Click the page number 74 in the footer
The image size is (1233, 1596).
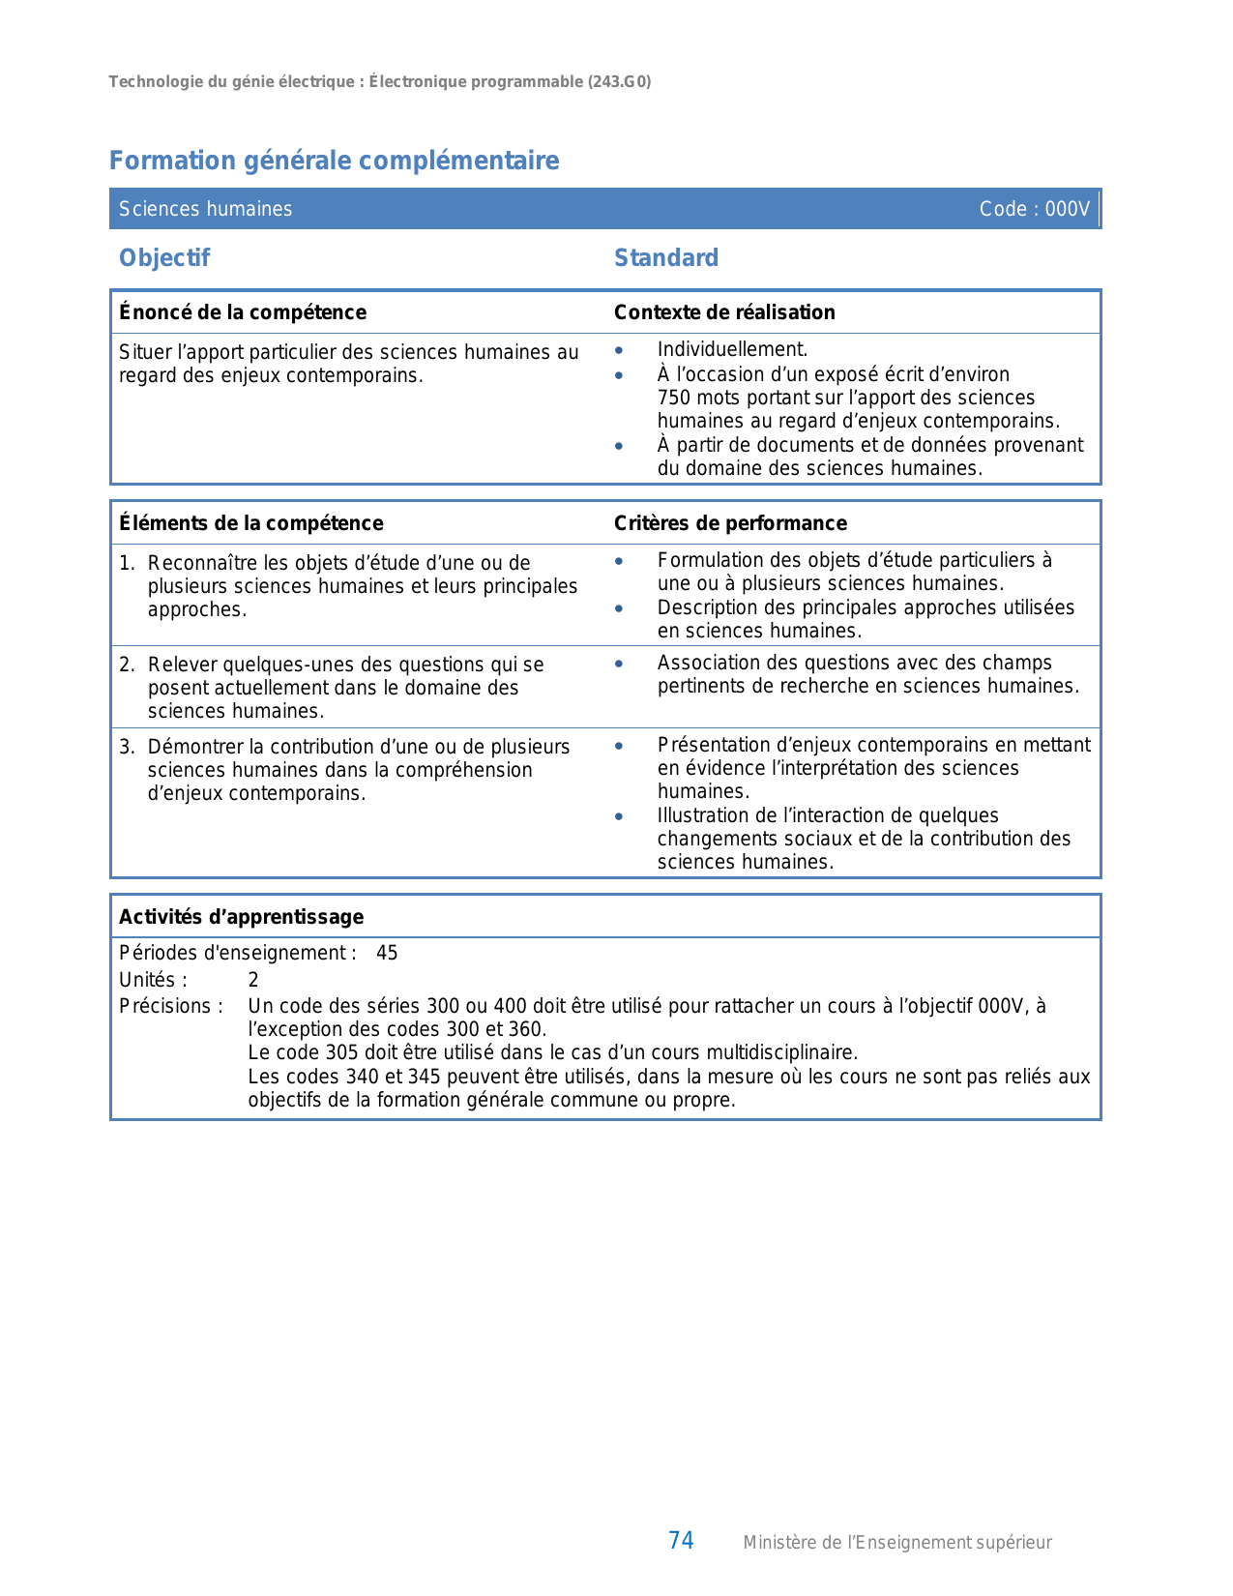pos(681,1541)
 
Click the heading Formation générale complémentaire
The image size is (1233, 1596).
pos(334,161)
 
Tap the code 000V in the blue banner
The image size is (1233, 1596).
pos(1067,209)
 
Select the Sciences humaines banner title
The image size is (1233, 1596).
pos(205,209)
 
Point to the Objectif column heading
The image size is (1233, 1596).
pos(164,258)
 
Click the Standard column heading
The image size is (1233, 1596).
pos(666,258)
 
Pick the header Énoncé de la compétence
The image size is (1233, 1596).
pos(243,312)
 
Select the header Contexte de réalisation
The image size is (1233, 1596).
pos(724,312)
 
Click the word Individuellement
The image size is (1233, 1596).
pos(732,350)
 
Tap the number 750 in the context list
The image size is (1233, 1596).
pos(674,398)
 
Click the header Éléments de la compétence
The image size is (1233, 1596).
pos(250,523)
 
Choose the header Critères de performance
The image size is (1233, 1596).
pos(730,523)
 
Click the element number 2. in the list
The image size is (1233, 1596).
pos(127,665)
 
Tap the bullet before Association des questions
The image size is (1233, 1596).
pos(619,664)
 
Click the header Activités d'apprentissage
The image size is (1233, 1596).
pos(241,917)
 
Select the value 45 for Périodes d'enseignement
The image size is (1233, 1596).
pos(387,953)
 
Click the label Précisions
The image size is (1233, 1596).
pos(170,1006)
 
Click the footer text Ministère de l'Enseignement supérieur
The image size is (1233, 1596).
pos(896,1543)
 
